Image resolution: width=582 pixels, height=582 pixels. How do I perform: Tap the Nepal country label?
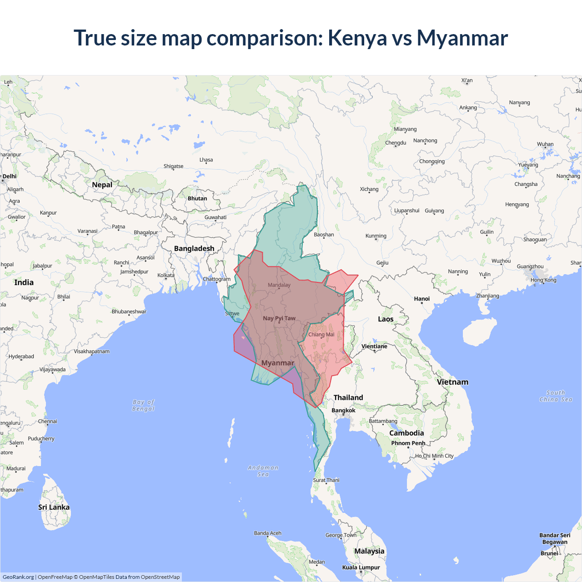(102, 185)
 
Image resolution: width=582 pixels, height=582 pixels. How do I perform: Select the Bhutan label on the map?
(197, 199)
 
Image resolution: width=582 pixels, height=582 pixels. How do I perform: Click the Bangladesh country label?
(194, 249)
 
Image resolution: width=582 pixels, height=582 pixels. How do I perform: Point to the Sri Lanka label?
(54, 507)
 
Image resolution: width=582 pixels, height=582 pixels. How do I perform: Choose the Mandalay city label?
(279, 285)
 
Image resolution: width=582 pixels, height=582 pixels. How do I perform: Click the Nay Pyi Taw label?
(279, 318)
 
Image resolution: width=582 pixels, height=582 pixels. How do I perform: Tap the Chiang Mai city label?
(321, 335)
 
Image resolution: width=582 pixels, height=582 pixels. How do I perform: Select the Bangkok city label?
(343, 411)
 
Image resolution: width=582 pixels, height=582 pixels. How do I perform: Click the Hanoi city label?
(421, 299)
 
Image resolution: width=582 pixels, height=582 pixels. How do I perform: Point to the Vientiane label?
(374, 346)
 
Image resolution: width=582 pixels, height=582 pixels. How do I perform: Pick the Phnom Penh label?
(408, 443)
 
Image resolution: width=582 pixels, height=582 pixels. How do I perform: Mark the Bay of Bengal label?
(144, 405)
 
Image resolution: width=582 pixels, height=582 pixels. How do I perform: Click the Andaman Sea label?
(263, 471)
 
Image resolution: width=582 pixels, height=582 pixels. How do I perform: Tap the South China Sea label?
(556, 396)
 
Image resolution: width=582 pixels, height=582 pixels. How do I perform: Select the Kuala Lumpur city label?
(361, 567)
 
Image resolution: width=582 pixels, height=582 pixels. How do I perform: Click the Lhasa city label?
(206, 160)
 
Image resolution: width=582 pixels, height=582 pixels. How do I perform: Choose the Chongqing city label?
(432, 161)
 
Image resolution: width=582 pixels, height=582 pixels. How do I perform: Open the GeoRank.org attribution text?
(18, 577)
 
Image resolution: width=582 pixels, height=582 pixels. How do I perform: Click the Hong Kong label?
(543, 280)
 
